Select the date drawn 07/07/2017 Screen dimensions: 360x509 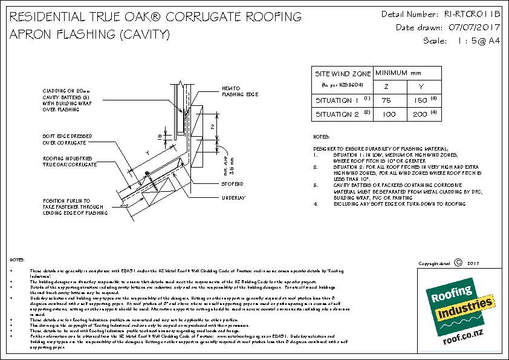[x=468, y=27]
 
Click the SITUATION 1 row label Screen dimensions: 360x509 [x=338, y=100]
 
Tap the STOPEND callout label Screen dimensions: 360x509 [x=233, y=182]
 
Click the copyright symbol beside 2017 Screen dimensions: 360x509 [x=458, y=263]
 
